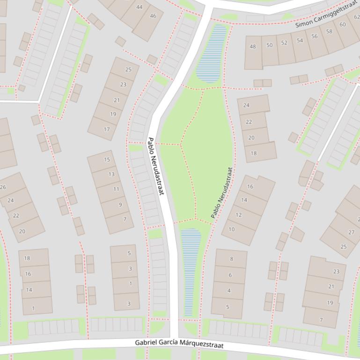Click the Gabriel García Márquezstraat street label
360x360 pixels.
tap(179, 344)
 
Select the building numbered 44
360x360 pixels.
tap(140, 7)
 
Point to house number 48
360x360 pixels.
tap(253, 46)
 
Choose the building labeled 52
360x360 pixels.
tap(284, 43)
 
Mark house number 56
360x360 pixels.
tap(314, 36)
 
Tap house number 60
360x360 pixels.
tap(343, 25)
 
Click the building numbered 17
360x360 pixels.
tap(107, 129)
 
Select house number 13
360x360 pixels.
tap(111, 174)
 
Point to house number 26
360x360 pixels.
tap(3, 187)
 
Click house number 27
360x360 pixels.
tap(351, 232)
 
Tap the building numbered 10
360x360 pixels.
tap(231, 229)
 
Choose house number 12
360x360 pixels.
tap(238, 215)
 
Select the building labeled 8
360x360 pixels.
tap(231, 259)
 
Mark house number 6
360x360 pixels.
tap(229, 275)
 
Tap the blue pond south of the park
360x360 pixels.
tap(190, 271)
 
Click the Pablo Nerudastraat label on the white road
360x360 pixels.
tap(156, 166)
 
